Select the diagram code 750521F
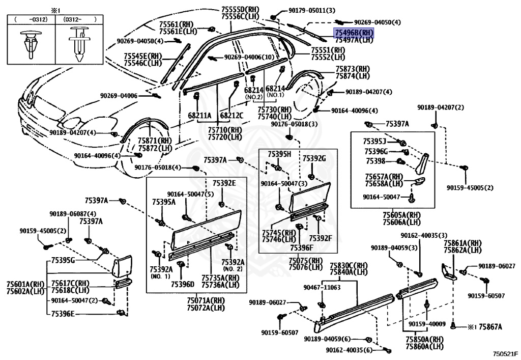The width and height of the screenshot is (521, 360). coord(504,352)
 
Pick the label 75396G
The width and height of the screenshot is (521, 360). coord(376,151)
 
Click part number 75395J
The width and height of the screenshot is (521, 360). coord(375,141)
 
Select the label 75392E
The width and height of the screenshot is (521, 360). coord(224,183)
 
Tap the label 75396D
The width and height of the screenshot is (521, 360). coord(183,284)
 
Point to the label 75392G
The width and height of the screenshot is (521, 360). coord(314,158)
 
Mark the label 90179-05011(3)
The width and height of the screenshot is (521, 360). coord(305,10)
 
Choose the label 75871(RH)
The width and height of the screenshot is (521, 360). coord(157,140)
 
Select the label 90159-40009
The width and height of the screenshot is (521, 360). coord(426,324)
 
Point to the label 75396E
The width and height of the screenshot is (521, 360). coord(63,314)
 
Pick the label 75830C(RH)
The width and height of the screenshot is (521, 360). coord(349,265)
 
